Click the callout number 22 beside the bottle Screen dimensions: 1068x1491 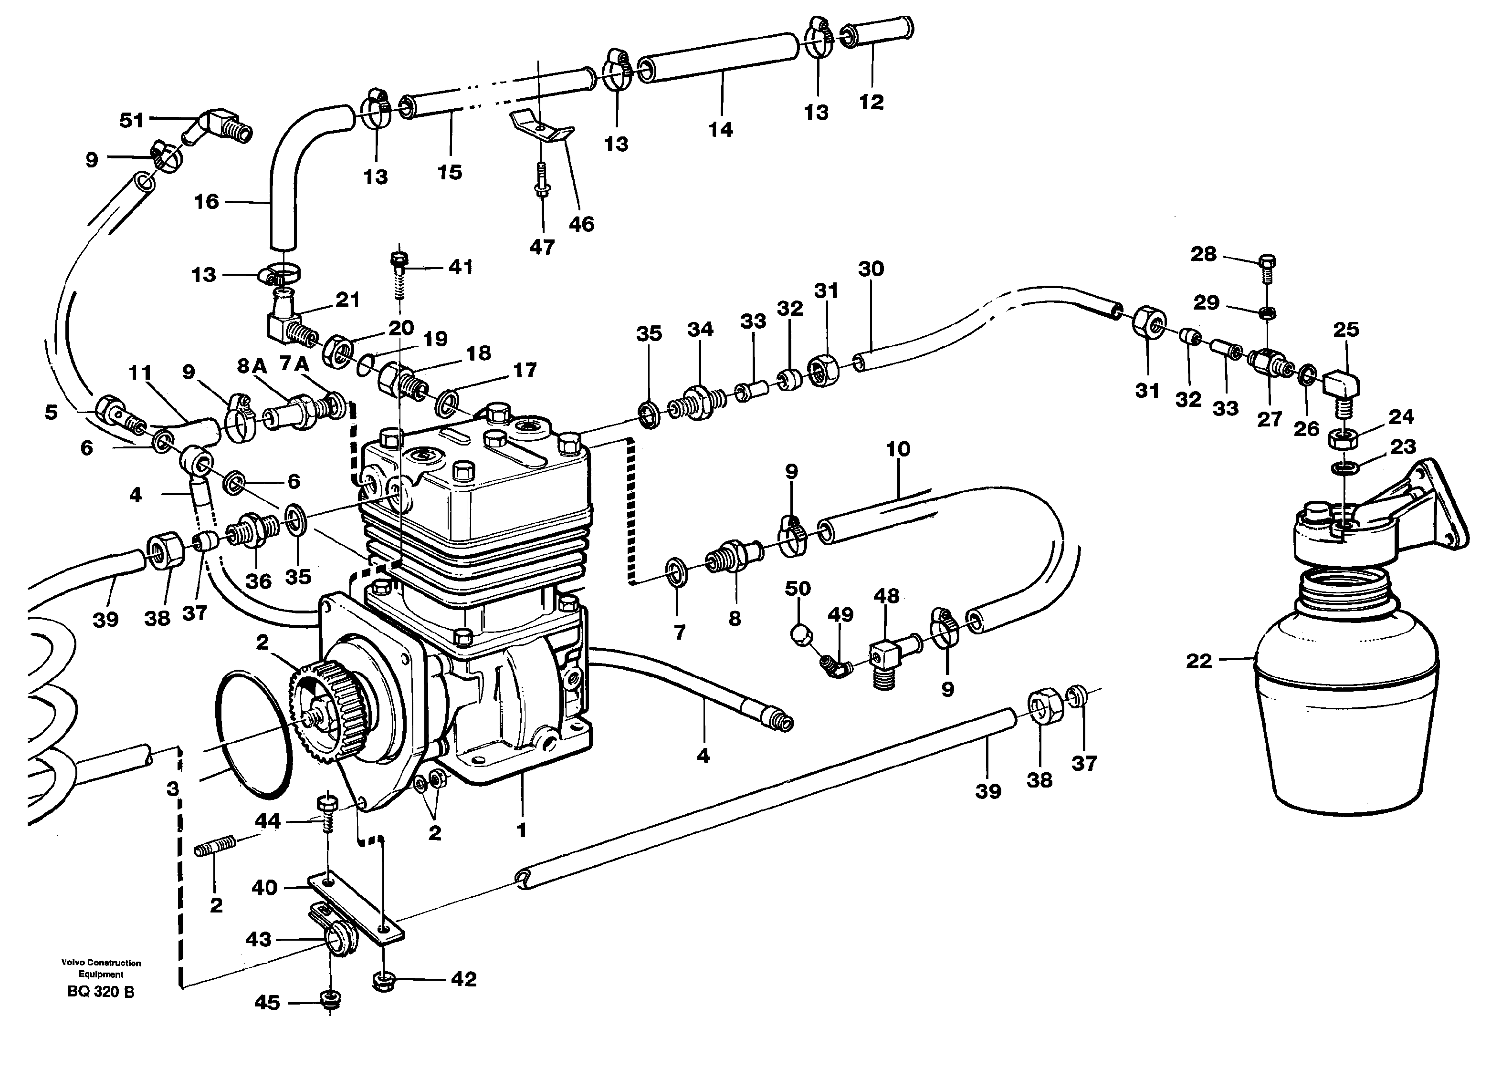pos(1198,661)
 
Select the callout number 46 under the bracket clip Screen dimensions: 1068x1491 pos(581,224)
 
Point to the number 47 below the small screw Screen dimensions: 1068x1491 pos(542,247)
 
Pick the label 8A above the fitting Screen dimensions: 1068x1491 pos(251,365)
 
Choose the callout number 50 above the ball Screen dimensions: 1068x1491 pos(798,588)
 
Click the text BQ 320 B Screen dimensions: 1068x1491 pos(101,992)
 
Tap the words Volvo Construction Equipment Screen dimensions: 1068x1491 pos(101,968)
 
